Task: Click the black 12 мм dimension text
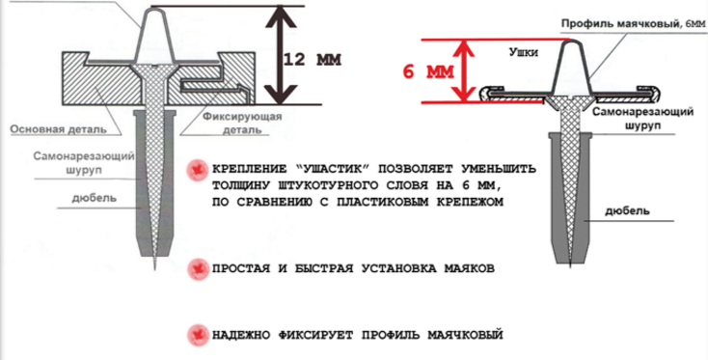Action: (312, 60)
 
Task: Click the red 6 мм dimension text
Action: (428, 71)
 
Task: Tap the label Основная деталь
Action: (59, 129)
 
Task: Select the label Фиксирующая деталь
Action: (242, 124)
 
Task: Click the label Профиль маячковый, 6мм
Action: (633, 23)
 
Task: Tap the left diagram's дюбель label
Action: (94, 198)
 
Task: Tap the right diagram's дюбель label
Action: (628, 210)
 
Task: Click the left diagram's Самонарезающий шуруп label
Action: (84, 163)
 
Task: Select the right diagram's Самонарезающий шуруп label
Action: (643, 119)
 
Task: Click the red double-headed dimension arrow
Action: (465, 70)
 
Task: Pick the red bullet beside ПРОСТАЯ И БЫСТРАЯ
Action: (197, 268)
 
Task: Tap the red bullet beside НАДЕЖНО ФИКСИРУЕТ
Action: (197, 336)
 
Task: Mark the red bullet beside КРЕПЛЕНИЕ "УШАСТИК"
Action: (197, 170)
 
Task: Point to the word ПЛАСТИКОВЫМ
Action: (386, 202)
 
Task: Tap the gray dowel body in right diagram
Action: (571, 199)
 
